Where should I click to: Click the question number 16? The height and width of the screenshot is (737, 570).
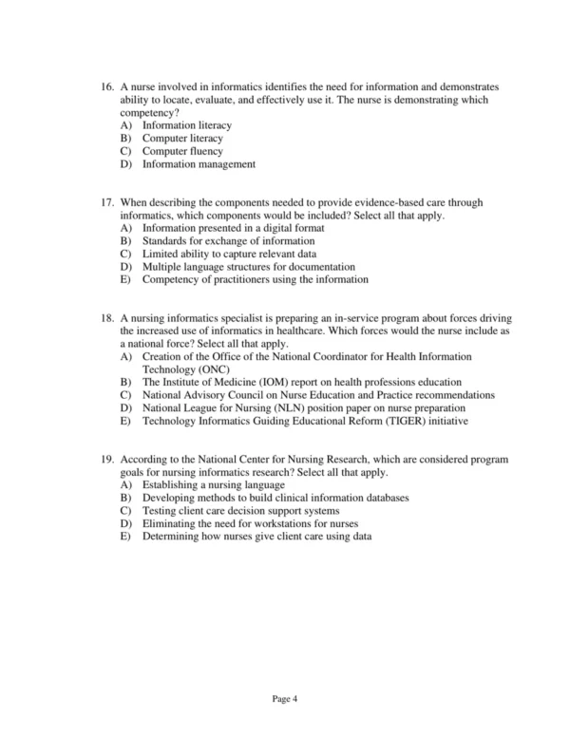click(107, 87)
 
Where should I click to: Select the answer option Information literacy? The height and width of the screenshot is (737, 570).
click(186, 125)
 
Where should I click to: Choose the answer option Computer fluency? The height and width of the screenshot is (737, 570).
click(182, 151)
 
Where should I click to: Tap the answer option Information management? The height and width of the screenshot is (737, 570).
click(199, 164)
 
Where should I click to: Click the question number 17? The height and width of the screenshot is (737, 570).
click(107, 203)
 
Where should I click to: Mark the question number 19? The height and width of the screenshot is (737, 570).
click(107, 460)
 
